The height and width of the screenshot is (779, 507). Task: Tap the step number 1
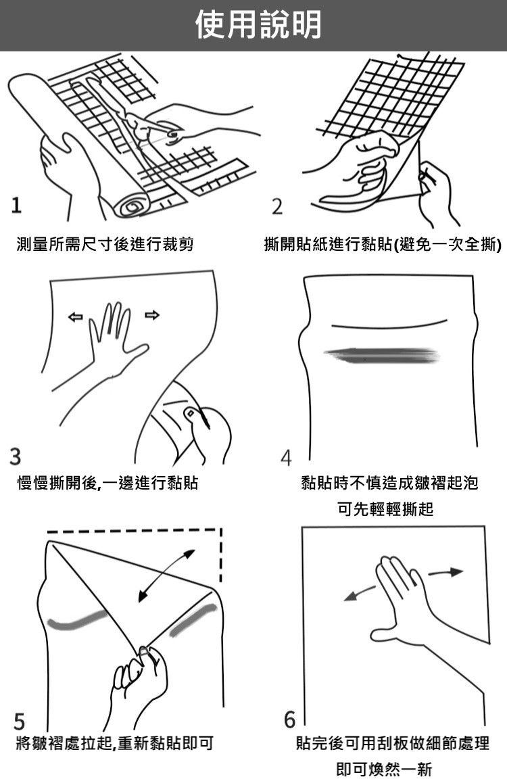point(17,205)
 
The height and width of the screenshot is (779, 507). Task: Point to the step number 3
point(16,456)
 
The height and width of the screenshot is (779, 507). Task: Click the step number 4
point(286,458)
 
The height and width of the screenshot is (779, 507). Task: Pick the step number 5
point(19,722)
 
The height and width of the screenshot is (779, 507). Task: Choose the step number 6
point(290,719)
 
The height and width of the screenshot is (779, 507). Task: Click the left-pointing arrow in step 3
point(75,316)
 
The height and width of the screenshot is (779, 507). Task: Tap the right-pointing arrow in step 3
point(152,315)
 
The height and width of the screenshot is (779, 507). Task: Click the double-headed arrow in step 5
point(166,576)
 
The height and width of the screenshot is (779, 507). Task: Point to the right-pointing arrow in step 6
point(445,572)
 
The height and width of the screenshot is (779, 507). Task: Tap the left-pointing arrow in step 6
point(360,593)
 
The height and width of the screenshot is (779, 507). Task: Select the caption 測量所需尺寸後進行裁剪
point(105,244)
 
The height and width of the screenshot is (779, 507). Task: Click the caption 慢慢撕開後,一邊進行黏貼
point(107,482)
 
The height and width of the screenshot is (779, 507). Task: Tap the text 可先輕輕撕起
point(385,509)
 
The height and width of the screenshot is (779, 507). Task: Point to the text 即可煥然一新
point(385,769)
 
